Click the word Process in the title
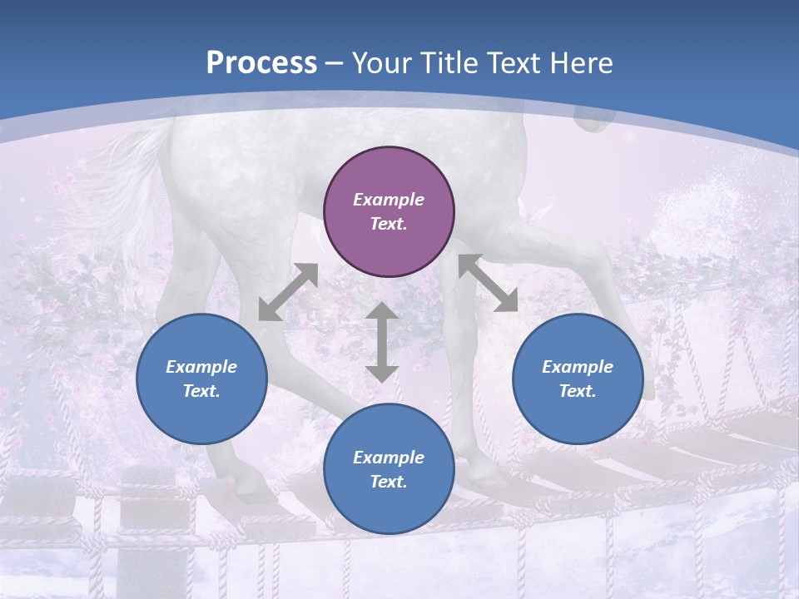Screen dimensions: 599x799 click(x=261, y=63)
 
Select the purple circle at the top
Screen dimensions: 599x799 click(x=389, y=212)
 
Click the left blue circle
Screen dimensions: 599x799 click(x=201, y=379)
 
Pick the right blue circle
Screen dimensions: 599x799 click(x=578, y=379)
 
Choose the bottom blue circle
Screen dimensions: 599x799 click(x=389, y=469)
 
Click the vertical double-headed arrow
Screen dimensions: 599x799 click(x=382, y=342)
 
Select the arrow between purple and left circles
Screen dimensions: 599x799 click(x=288, y=292)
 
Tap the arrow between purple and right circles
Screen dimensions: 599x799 click(x=489, y=283)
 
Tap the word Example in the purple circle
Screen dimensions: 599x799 click(x=389, y=200)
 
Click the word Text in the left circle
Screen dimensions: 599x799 click(x=201, y=391)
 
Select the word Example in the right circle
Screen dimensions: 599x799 click(x=578, y=367)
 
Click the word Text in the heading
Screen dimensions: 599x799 click(x=512, y=63)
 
